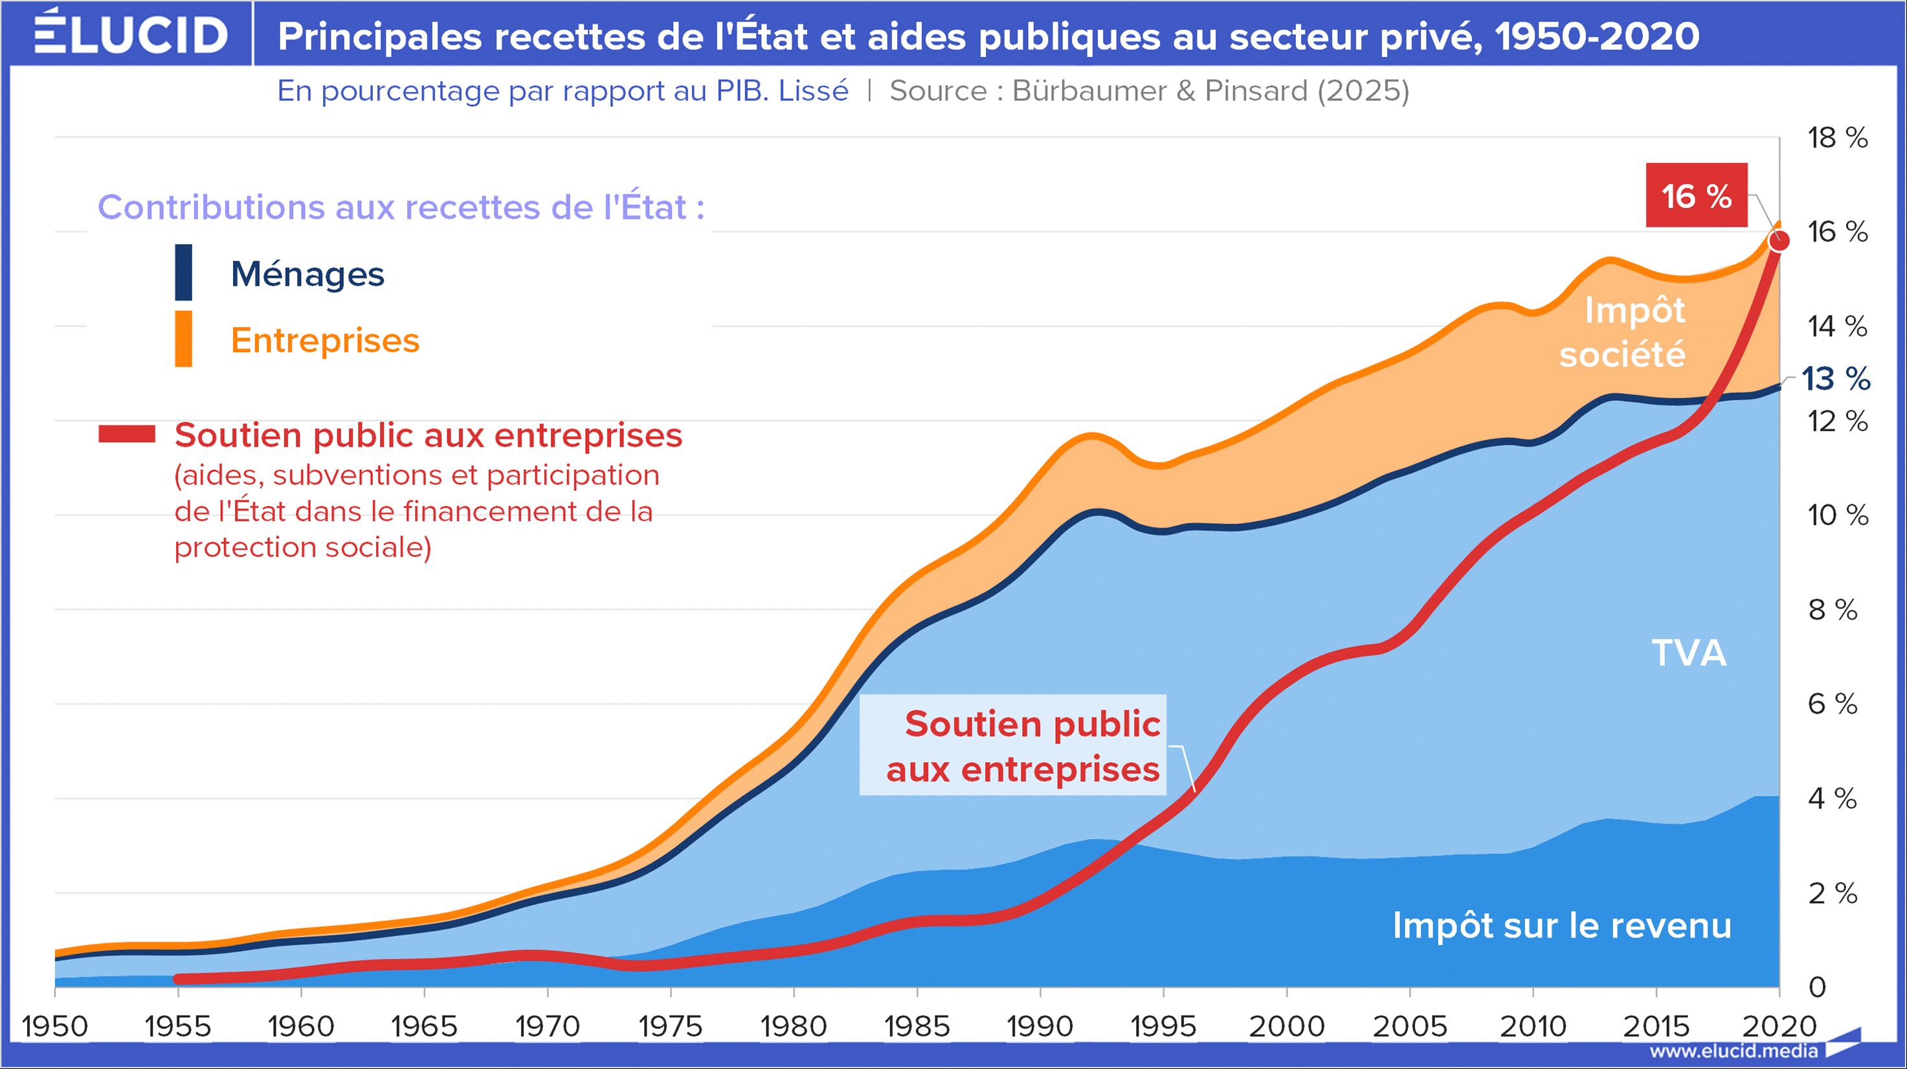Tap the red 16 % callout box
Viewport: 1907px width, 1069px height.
(x=1696, y=196)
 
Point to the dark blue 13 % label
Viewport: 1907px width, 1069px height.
(x=1836, y=379)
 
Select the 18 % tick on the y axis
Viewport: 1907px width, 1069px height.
(x=1837, y=138)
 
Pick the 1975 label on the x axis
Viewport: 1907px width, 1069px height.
(x=670, y=1026)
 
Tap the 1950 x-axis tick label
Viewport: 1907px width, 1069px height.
(x=55, y=1026)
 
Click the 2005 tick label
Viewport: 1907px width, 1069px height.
(x=1409, y=1026)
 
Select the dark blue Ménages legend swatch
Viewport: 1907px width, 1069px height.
(x=184, y=273)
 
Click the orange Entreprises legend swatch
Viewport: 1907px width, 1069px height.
(x=184, y=339)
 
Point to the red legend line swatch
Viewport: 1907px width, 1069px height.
(x=127, y=434)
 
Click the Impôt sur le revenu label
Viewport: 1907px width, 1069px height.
(x=1562, y=925)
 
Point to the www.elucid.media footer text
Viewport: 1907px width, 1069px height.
(x=1732, y=1050)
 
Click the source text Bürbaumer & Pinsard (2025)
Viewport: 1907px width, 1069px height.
(x=1210, y=91)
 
